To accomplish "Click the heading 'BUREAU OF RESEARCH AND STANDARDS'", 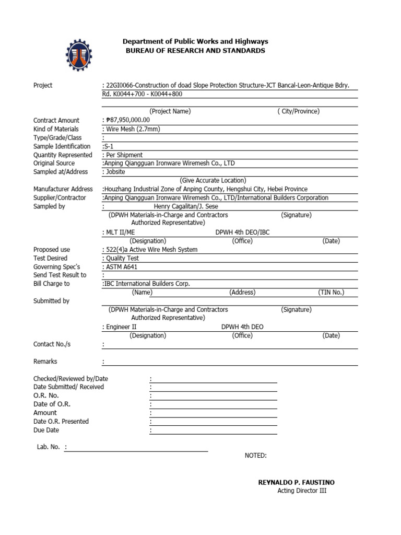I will (195, 51).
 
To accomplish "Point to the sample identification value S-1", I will (110, 146).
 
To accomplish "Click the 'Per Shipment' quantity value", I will (124, 155).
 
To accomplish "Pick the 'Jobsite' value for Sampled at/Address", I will (115, 172).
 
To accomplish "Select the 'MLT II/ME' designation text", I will (120, 232).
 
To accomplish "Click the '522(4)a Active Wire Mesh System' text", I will (151, 249).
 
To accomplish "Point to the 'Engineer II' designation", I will (121, 327).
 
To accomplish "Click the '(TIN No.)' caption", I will (331, 293).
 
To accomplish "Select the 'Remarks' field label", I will (45, 361).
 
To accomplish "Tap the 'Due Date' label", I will (46, 430).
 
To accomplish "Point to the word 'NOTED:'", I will (256, 456).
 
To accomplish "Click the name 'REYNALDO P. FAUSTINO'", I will (297, 482).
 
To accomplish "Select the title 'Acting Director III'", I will (302, 491).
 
